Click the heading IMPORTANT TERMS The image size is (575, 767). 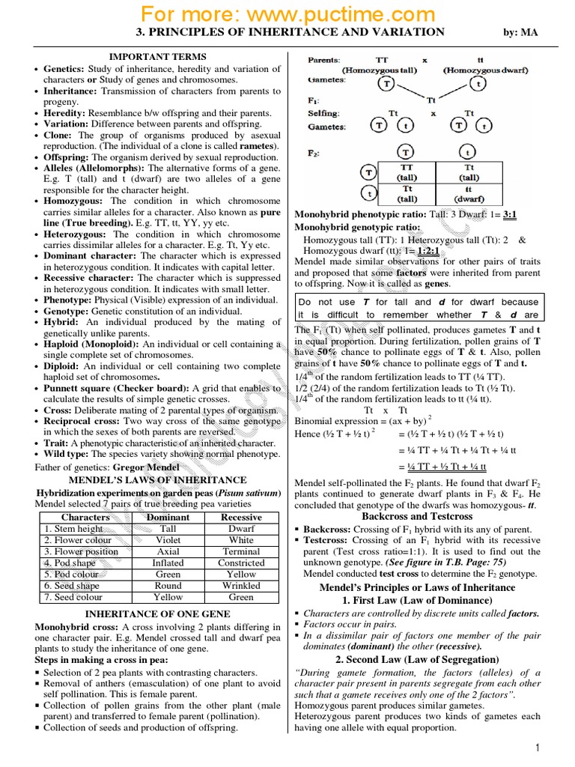pos(158,57)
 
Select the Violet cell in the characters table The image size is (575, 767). pos(168,539)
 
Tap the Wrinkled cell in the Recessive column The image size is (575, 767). pos(241,586)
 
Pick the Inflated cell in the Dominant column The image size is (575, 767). pos(168,563)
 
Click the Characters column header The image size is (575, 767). pos(85,517)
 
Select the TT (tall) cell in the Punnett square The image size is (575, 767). pos(407,173)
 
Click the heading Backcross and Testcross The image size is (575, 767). pos(417,517)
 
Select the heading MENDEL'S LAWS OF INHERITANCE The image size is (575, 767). pos(158,480)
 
